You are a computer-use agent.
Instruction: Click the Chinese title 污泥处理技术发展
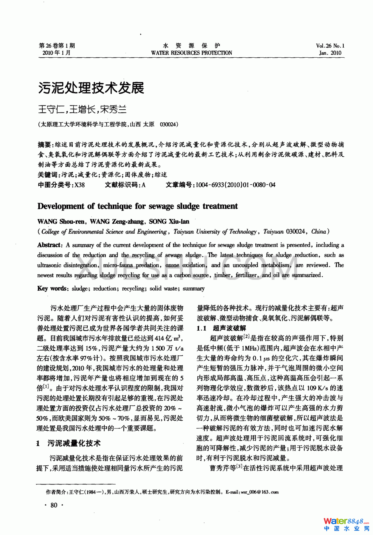point(91,88)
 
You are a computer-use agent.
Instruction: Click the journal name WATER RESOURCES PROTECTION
point(191,53)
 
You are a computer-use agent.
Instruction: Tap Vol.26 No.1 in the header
point(330,45)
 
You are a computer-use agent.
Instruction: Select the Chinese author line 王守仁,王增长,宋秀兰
point(82,109)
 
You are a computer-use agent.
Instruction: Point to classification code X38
point(80,185)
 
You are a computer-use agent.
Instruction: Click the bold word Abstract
point(49,245)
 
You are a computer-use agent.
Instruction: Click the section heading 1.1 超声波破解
point(221,328)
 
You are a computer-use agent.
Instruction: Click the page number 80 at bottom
point(54,505)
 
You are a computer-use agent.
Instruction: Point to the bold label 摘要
point(45,145)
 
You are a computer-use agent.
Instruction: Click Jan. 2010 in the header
point(330,53)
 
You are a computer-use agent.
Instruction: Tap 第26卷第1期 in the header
point(57,45)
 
